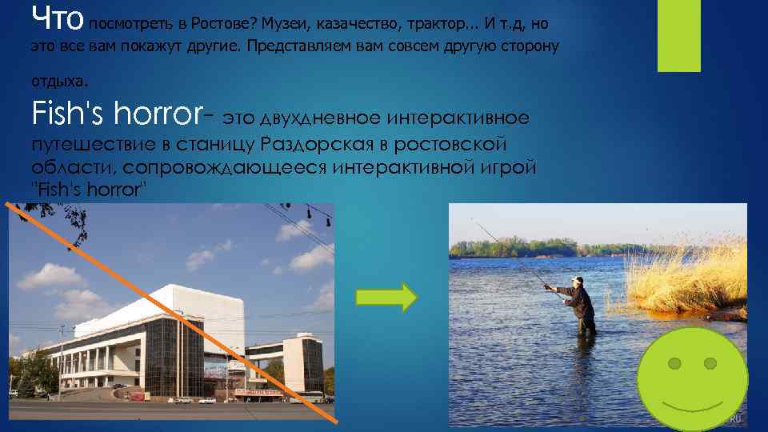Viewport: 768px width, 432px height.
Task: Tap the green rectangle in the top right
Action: coord(678,35)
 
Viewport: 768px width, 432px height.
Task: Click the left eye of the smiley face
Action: coord(675,364)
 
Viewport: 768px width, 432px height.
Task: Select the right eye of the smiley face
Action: coord(710,364)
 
